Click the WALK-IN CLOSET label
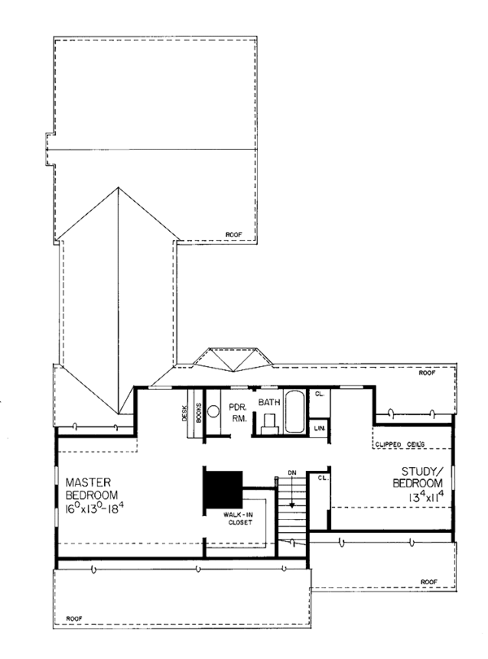[x=233, y=518]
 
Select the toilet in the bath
[x=270, y=420]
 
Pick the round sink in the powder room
[x=214, y=412]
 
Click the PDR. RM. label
[x=238, y=411]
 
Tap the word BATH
[x=269, y=402]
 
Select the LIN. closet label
[x=320, y=427]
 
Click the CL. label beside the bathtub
[x=320, y=395]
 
